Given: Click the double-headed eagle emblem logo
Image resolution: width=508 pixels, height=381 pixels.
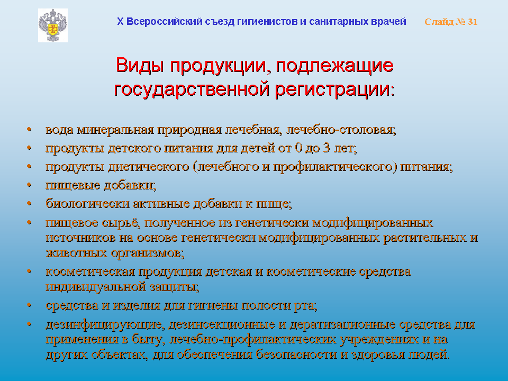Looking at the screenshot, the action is point(53,25).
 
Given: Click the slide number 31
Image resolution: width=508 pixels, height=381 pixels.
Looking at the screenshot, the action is point(473,22).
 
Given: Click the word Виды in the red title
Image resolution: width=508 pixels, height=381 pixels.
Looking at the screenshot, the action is point(141,65).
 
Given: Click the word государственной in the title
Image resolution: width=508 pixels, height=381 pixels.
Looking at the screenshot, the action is point(192,89).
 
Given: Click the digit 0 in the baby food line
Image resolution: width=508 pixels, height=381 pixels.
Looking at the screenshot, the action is point(298,148).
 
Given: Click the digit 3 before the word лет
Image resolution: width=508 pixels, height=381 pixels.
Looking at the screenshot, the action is point(326,148).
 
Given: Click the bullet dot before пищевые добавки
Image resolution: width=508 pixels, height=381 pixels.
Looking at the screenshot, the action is point(30,185).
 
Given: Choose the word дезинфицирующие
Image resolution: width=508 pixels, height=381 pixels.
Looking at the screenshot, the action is point(104,324).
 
